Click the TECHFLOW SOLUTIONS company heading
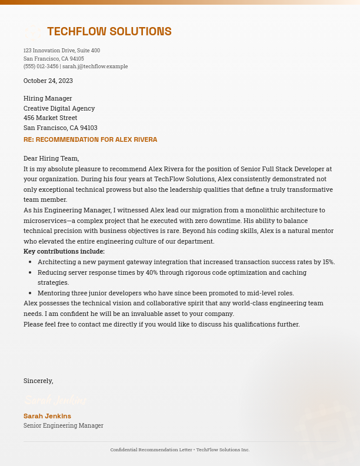pos(109,32)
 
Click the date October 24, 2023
pos(48,81)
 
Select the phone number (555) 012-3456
pos(41,66)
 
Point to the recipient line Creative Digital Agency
pos(59,108)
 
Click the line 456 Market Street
pos(50,118)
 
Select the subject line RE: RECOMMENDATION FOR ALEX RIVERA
pos(90,140)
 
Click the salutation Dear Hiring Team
pos(51,158)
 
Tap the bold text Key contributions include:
pos(64,251)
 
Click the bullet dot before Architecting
pos(30,262)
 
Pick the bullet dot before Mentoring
pos(30,293)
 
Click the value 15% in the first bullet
pos(328,262)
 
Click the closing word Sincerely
pos(38,381)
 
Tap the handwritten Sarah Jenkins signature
pos(55,401)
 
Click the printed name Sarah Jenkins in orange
pos(47,416)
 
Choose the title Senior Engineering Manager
pos(63,425)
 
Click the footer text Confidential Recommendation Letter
pos(151,450)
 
